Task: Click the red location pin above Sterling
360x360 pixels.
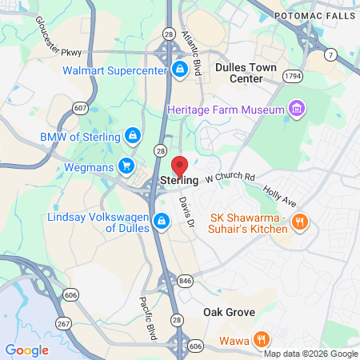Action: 179,166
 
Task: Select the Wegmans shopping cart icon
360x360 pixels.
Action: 126,166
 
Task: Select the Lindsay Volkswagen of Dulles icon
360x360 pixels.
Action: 161,223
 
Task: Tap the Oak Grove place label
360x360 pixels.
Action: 229,312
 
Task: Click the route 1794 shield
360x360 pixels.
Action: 293,75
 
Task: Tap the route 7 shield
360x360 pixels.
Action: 330,54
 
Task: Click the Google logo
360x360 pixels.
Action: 26,350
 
